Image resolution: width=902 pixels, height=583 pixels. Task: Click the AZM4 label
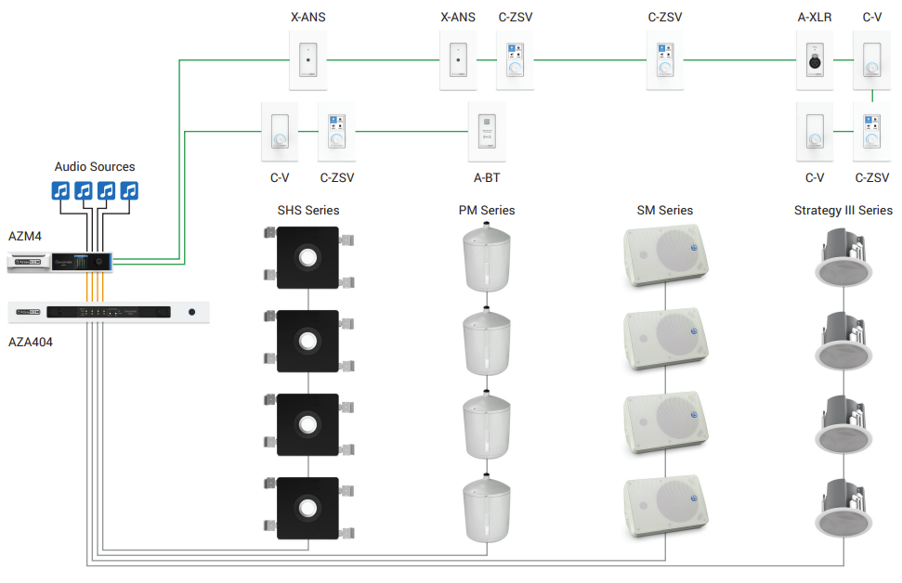[25, 236]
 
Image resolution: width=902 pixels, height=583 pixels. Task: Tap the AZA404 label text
[31, 342]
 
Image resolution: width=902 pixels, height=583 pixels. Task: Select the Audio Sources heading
[95, 167]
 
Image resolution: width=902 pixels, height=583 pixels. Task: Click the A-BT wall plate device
[487, 131]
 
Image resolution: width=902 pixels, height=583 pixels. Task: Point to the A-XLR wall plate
[815, 60]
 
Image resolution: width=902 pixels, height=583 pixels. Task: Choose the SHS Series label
[307, 211]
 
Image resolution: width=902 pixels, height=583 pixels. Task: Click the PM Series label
[486, 211]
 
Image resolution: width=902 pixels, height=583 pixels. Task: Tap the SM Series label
[664, 211]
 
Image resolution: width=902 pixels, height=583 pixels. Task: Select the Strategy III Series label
[843, 211]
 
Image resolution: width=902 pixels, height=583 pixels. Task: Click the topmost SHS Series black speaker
[307, 257]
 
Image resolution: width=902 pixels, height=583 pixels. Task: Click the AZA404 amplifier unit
[109, 312]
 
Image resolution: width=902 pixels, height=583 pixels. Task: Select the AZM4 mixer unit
[61, 263]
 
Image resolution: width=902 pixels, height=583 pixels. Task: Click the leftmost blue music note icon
[60, 190]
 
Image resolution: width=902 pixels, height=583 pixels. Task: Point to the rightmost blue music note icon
[129, 190]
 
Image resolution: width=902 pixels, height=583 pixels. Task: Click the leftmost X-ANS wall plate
[307, 60]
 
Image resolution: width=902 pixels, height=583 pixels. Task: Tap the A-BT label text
[487, 177]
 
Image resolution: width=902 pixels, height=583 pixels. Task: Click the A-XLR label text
[815, 17]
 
